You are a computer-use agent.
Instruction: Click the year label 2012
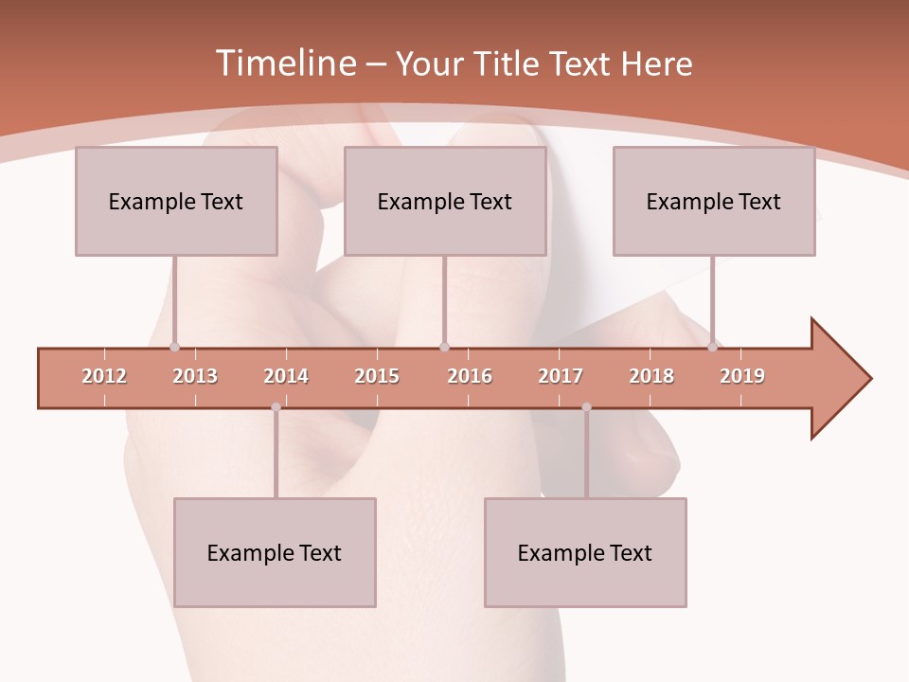[x=104, y=376]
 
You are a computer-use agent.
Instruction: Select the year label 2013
[x=195, y=376]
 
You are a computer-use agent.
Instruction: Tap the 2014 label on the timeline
[x=286, y=376]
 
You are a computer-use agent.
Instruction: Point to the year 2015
[x=377, y=376]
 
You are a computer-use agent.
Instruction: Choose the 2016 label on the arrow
[x=470, y=376]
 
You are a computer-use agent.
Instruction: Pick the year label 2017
[x=561, y=376]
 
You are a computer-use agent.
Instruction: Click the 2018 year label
[x=651, y=376]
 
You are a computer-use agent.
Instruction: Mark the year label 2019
[x=742, y=376]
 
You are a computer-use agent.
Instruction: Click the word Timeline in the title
[x=284, y=63]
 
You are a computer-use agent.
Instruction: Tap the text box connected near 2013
[x=176, y=201]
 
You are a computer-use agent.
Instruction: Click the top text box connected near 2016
[x=445, y=201]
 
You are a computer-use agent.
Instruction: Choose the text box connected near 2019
[x=714, y=201]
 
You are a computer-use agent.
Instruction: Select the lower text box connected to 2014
[x=275, y=552]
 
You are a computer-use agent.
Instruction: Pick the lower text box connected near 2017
[x=585, y=552]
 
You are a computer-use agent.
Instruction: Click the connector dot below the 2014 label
[x=276, y=407]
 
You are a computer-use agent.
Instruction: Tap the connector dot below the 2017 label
[x=586, y=407]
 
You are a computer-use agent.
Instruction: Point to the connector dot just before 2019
[x=712, y=348]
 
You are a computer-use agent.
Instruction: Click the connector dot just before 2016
[x=444, y=348]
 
